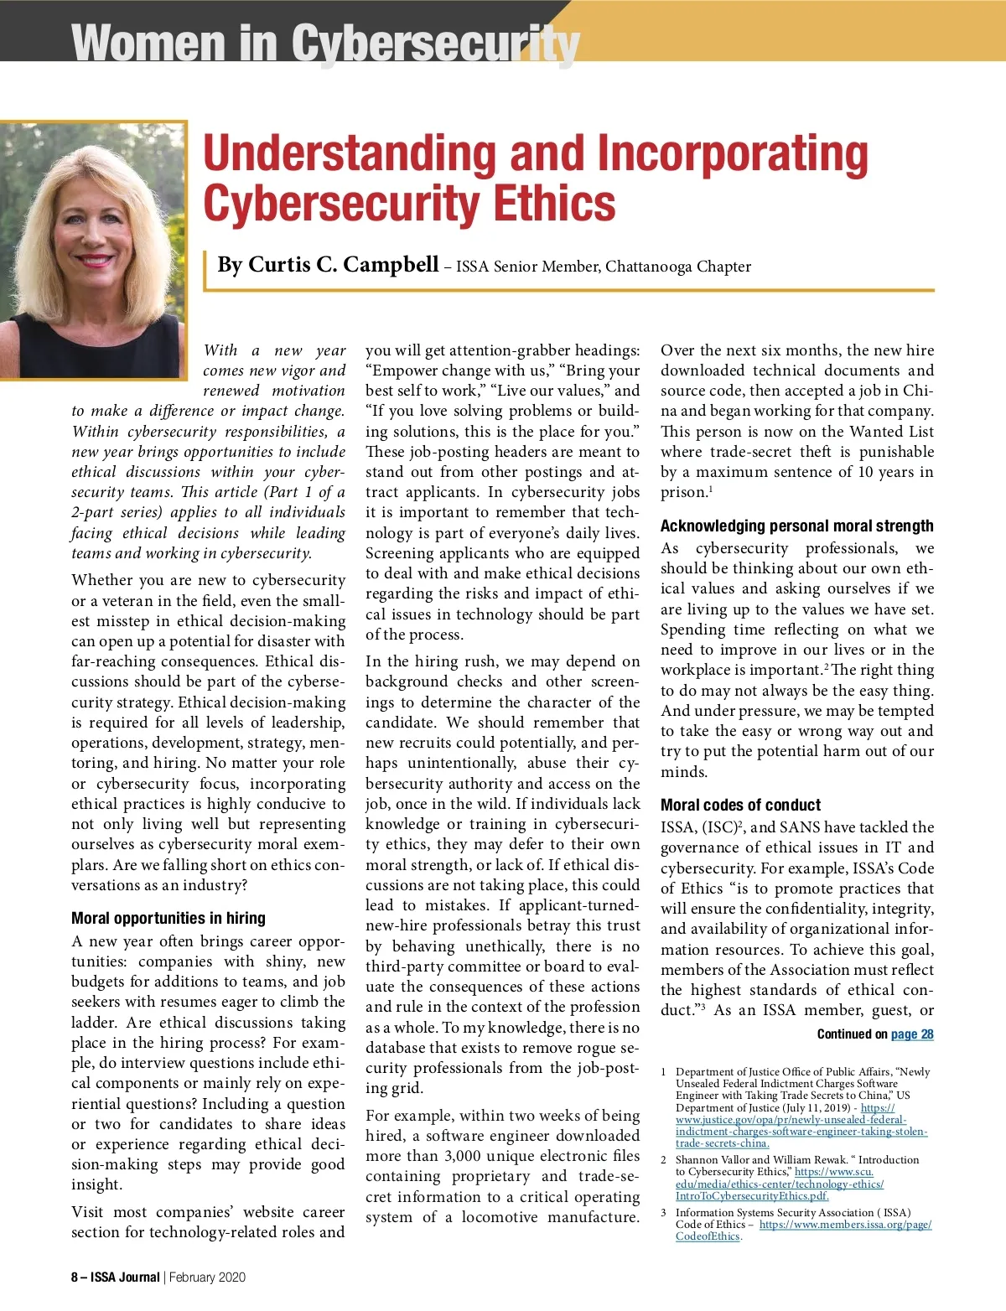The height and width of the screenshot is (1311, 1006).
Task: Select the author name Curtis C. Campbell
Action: (328, 265)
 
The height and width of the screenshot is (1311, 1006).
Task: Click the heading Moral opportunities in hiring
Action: (168, 918)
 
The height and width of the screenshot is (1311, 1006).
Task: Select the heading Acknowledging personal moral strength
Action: (796, 526)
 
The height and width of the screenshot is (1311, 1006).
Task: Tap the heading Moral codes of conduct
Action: (740, 805)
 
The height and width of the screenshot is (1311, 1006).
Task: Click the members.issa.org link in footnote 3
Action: (845, 1225)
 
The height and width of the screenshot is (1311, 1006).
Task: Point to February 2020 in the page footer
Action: (207, 1277)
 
